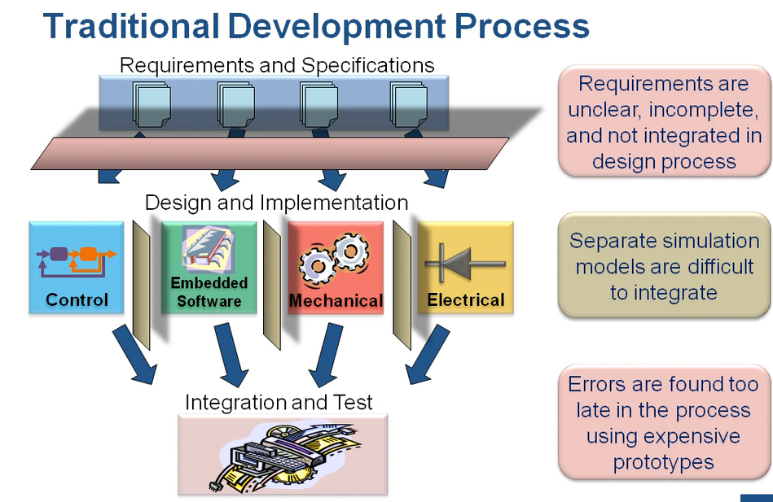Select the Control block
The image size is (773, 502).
click(x=77, y=268)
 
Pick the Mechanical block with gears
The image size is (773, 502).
click(x=336, y=268)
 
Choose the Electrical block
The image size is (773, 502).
click(x=466, y=268)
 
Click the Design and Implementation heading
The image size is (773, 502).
click(x=276, y=202)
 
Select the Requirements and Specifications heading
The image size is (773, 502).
click(x=277, y=64)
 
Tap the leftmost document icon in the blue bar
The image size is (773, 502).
click(x=152, y=103)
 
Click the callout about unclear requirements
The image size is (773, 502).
click(x=663, y=122)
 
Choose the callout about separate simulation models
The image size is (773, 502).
click(x=663, y=266)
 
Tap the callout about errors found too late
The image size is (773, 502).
click(x=663, y=423)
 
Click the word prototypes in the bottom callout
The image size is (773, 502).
click(x=663, y=462)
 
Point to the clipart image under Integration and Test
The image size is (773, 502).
click(x=283, y=453)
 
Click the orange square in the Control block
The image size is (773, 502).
click(x=87, y=255)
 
